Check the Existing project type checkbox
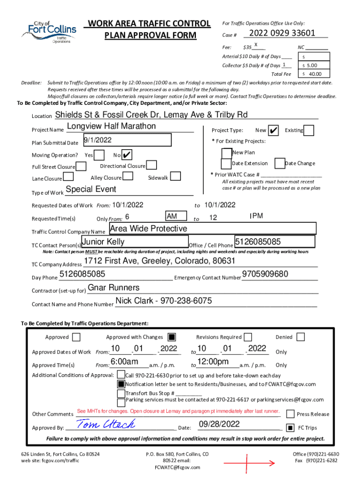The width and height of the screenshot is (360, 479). [309, 130]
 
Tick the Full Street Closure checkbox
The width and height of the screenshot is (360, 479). [81, 167]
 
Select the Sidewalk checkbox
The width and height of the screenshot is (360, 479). [175, 176]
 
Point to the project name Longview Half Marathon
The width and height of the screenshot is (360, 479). [111, 126]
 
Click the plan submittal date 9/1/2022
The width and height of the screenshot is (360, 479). [98, 140]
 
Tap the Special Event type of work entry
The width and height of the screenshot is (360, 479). [91, 189]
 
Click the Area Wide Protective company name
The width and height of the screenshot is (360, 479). [148, 229]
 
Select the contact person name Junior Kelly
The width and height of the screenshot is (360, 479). [103, 242]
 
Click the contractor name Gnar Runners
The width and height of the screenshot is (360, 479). [114, 287]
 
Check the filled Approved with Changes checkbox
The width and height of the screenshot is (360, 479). [172, 337]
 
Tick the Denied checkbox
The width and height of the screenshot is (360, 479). [301, 337]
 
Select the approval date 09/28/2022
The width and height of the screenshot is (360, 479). [219, 424]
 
